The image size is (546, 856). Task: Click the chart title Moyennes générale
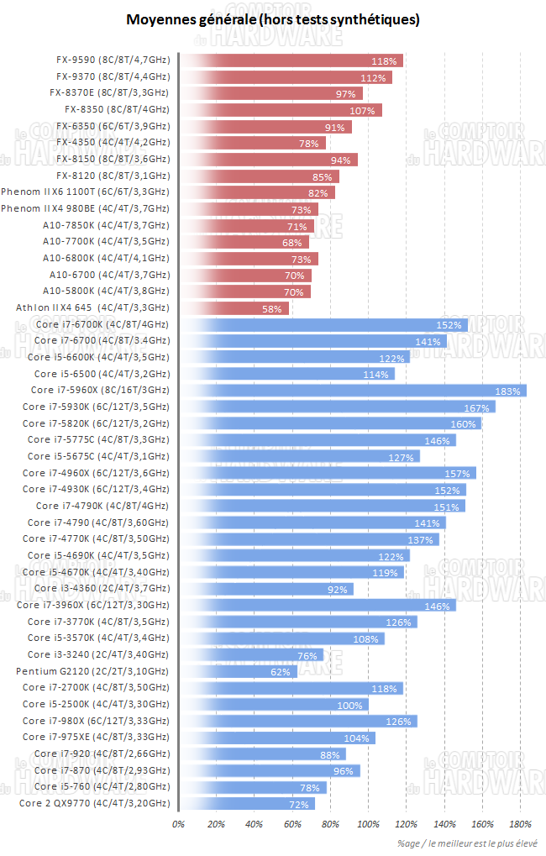tap(273, 18)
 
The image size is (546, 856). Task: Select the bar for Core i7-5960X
tap(353, 390)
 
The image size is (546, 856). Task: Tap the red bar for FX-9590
tap(291, 60)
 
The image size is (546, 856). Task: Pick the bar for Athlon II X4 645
tap(234, 308)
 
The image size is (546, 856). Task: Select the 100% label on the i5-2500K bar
tap(350, 705)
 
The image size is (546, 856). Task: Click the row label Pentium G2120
tap(92, 671)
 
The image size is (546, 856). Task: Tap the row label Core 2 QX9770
tap(93, 803)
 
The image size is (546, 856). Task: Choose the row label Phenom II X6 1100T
tap(86, 192)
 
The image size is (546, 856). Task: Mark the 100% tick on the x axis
tap(369, 824)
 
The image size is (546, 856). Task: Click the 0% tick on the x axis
tap(178, 824)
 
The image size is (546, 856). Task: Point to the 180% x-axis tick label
tap(521, 824)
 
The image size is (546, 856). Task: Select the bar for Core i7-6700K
tap(323, 324)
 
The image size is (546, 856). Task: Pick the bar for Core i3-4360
tap(265, 589)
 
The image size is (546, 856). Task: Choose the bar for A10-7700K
tap(243, 242)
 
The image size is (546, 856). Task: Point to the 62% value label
tap(280, 672)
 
